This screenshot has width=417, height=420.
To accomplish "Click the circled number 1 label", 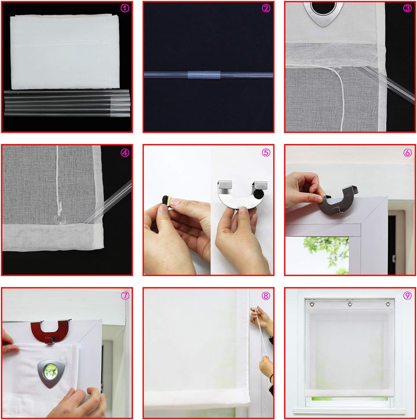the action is point(125,8).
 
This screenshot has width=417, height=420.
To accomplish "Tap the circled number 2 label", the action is point(266,8).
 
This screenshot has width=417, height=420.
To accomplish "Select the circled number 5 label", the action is point(266,152).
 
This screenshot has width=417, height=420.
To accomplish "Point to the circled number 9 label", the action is point(407,295).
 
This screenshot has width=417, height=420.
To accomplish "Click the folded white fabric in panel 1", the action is point(64,52).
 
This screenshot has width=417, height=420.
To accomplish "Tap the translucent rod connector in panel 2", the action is point(204,75).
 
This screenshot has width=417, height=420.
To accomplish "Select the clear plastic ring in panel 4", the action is point(59,219).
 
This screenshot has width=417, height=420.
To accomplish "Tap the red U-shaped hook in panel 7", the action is point(50,331).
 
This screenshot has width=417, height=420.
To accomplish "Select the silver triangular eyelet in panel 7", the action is point(51,373).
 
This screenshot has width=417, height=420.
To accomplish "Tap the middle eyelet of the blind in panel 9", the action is point(350,304).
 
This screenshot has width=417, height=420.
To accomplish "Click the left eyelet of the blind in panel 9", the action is point(312,304).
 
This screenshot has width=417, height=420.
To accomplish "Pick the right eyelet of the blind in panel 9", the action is point(388,304).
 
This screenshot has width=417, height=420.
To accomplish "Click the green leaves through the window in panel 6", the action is point(327,251).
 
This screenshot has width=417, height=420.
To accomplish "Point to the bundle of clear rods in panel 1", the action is point(67,103).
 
